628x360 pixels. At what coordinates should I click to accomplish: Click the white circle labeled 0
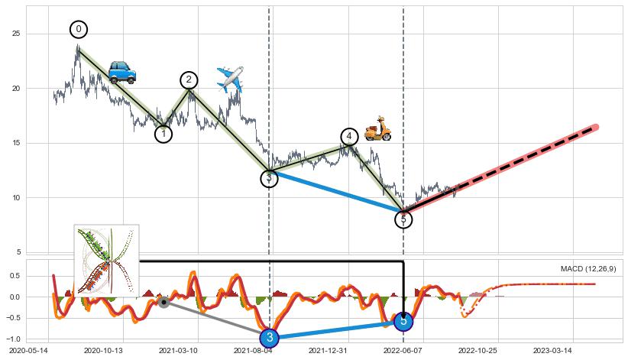(79, 29)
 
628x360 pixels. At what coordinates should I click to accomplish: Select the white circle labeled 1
(163, 134)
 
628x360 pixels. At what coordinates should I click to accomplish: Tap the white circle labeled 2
(189, 79)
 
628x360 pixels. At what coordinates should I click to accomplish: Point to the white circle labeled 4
(349, 136)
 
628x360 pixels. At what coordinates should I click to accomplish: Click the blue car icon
(121, 72)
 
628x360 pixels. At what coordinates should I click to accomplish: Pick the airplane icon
(229, 79)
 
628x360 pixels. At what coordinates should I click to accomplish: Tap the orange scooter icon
(377, 128)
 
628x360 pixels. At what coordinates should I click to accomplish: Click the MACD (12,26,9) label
(588, 269)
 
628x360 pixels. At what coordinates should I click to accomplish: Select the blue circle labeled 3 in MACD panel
(269, 337)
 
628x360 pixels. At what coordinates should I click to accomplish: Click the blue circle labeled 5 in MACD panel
(404, 321)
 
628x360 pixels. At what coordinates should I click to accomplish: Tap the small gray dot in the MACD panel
(163, 302)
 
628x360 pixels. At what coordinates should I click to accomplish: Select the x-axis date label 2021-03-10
(178, 351)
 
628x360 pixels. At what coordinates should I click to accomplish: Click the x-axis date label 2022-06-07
(402, 351)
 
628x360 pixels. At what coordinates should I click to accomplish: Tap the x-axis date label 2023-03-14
(552, 351)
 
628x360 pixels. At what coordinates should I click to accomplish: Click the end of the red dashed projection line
(595, 127)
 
